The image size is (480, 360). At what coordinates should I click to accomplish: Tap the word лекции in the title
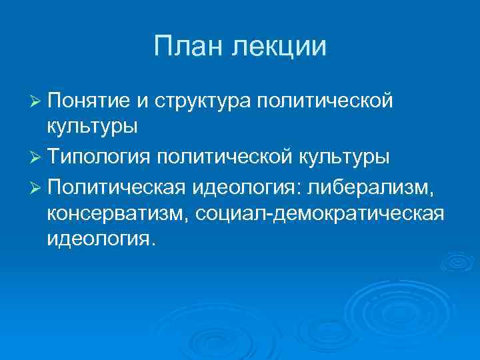click(279, 47)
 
